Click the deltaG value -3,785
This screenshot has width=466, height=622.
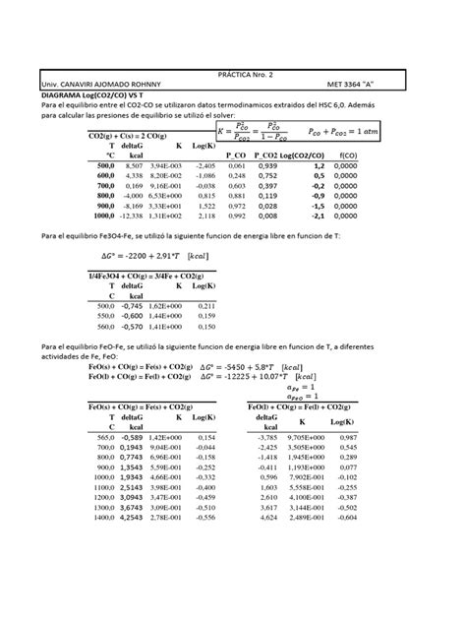(267, 437)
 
